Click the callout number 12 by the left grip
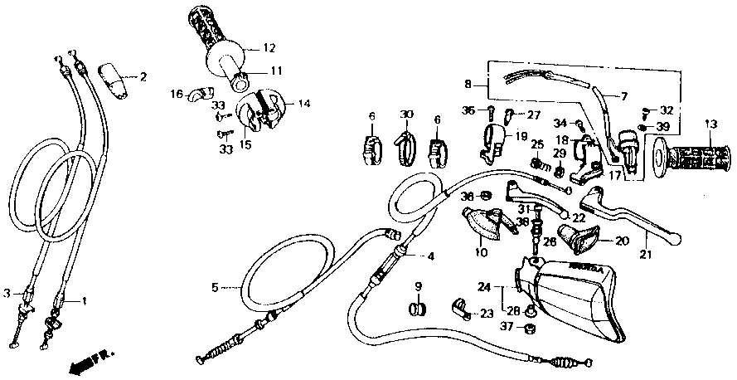pos(269,47)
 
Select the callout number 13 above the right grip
pos(711,124)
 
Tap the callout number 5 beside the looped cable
pos(214,288)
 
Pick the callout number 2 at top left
pos(143,77)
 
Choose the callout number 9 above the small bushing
pos(419,287)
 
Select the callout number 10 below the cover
pos(480,251)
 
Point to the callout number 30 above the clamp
pos(405,114)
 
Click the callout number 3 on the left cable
pos(7,292)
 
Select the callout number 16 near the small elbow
pos(176,94)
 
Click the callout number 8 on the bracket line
pos(468,84)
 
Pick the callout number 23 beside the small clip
pos(487,314)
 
